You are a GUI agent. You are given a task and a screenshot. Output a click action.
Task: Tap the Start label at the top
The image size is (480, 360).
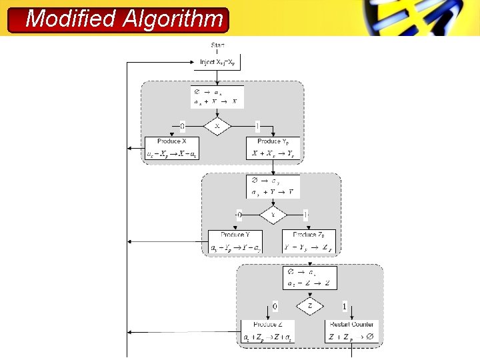point(217,45)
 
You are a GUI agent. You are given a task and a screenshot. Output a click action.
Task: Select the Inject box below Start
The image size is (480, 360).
point(217,62)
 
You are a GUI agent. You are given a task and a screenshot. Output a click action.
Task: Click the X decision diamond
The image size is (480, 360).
point(217,126)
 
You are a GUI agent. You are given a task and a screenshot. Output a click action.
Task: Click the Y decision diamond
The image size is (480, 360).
point(273,215)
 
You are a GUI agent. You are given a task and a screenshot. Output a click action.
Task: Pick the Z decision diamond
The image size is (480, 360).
point(310,306)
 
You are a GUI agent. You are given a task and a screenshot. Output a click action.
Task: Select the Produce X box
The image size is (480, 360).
point(171,148)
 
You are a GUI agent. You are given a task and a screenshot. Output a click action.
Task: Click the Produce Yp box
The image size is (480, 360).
point(273,148)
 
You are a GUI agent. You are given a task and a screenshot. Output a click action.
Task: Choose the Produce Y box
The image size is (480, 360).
point(235,241)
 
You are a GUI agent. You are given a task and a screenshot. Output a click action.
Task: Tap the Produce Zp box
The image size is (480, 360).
point(309,241)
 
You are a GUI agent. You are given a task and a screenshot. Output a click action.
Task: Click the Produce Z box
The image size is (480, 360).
point(267,331)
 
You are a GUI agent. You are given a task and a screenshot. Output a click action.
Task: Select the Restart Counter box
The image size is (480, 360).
point(352,331)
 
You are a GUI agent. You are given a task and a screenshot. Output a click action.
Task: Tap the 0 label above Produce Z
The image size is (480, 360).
point(275,306)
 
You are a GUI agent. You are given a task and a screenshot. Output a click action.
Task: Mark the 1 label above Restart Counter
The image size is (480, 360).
point(344,306)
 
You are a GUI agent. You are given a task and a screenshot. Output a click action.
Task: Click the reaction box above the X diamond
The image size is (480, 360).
point(217,97)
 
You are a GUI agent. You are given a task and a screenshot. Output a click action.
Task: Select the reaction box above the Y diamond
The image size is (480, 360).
point(273,186)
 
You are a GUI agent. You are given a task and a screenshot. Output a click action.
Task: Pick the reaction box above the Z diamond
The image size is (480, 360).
point(310,277)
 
